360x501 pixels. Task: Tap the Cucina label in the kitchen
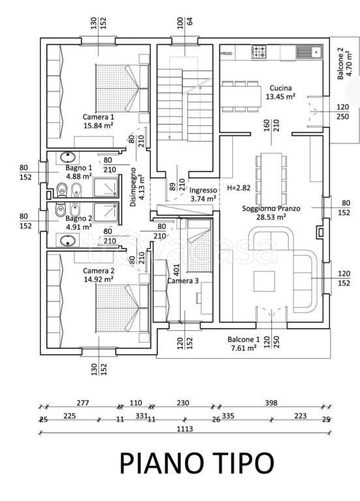[x=280, y=88]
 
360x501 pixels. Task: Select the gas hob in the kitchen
[x=259, y=52]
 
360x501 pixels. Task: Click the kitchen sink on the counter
[x=309, y=52]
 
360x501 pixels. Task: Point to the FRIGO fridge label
[x=226, y=53]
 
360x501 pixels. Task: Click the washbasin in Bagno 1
[x=68, y=157]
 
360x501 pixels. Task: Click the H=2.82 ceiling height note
[x=239, y=188]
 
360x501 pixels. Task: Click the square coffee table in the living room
[x=265, y=281]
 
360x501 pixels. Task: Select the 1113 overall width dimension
[x=185, y=429]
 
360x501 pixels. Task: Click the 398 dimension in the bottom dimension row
[x=271, y=403]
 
